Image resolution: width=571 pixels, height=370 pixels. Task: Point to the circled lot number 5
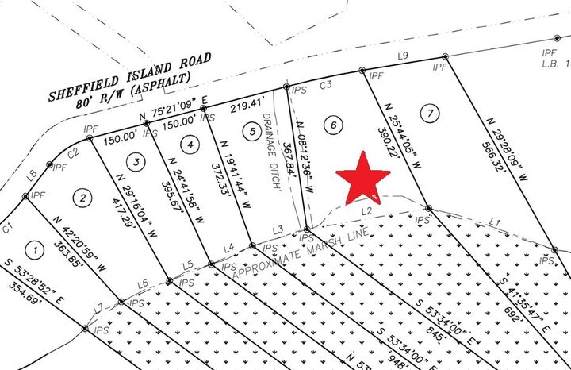point(250,131)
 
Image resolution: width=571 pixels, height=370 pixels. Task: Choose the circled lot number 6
point(335,125)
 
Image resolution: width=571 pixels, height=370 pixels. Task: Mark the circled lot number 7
point(429,112)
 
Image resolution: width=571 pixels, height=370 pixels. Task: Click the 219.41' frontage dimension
point(246,103)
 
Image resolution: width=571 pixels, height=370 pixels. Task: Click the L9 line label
point(402,56)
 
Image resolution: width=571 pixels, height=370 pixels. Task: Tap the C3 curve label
point(324,83)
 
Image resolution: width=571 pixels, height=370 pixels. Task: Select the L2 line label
point(366,211)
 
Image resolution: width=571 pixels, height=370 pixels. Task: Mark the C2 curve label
point(72,151)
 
